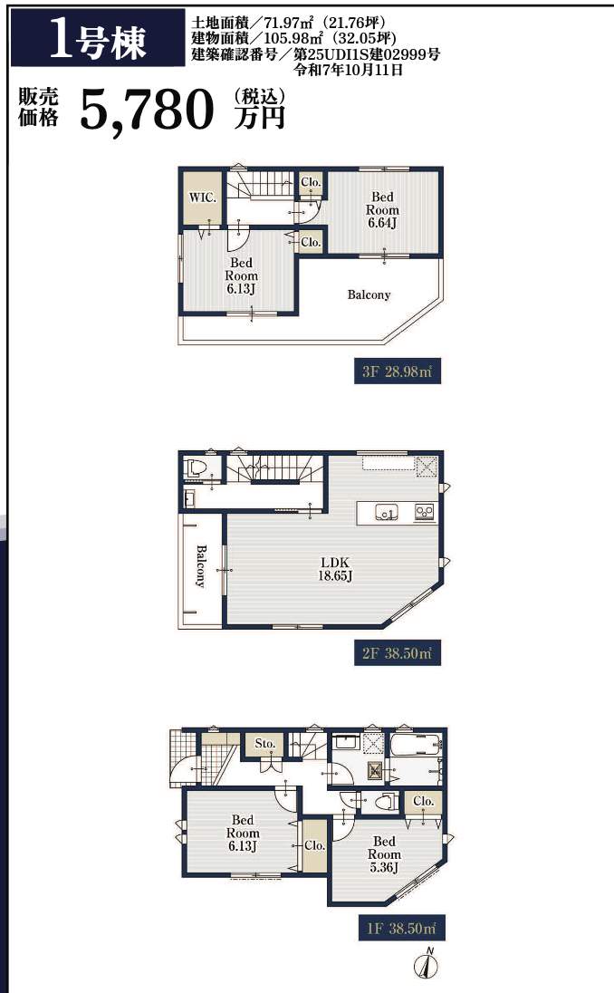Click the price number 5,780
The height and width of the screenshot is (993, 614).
click(x=147, y=109)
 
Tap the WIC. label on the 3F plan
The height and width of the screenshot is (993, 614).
click(x=203, y=197)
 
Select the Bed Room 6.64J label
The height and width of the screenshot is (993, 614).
click(x=382, y=209)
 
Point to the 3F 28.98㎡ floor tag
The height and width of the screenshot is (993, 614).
click(x=398, y=371)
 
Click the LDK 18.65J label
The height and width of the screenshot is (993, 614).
click(x=335, y=569)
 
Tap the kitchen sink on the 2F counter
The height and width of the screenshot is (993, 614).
click(x=386, y=512)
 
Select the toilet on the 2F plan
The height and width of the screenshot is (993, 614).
click(x=195, y=468)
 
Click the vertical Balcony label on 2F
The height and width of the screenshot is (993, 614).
click(x=201, y=566)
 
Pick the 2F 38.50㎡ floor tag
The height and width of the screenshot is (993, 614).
click(x=398, y=653)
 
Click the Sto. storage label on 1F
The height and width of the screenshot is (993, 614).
click(x=264, y=744)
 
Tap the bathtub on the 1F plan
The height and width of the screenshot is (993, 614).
click(x=416, y=745)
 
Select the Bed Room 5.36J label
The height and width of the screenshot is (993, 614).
click(x=384, y=854)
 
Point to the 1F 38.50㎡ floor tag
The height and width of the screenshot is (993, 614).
click(x=401, y=929)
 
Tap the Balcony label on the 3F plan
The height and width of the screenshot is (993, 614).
click(x=369, y=294)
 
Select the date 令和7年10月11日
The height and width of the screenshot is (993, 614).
click(x=348, y=71)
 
